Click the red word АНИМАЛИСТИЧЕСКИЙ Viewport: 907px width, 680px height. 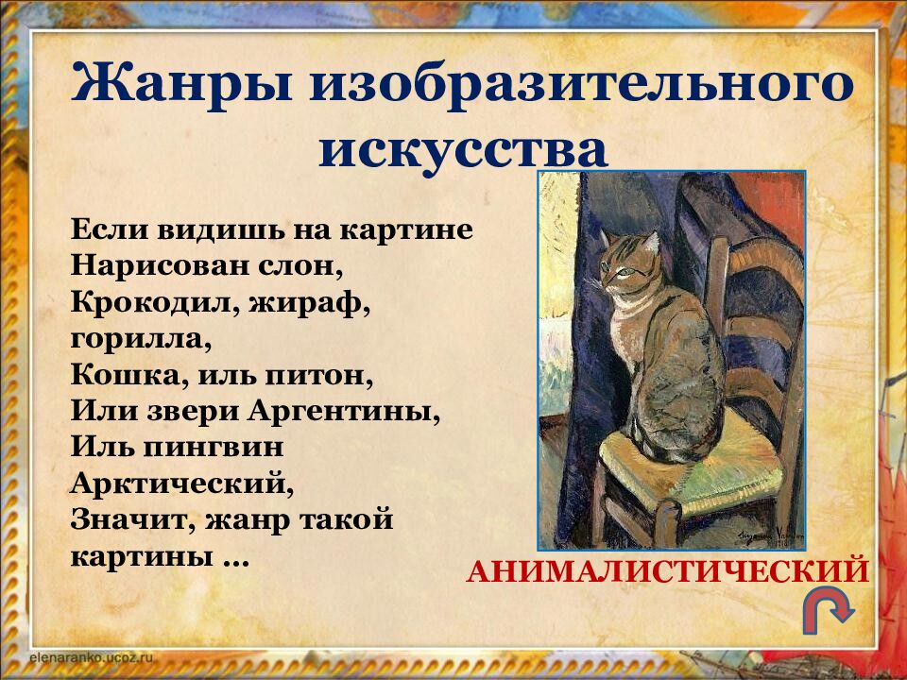coord(667,571)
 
